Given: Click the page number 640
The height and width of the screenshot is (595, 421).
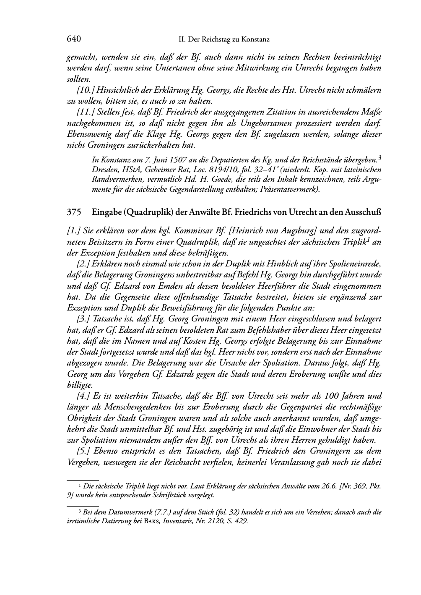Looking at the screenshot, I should (74, 39).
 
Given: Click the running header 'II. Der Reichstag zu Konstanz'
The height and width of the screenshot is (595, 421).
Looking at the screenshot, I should (223, 39).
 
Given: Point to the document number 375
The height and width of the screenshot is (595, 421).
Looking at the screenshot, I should (74, 212).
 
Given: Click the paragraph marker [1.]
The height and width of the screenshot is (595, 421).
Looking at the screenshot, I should (75, 231).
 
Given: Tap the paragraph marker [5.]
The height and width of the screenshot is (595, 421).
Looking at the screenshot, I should (85, 451).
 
